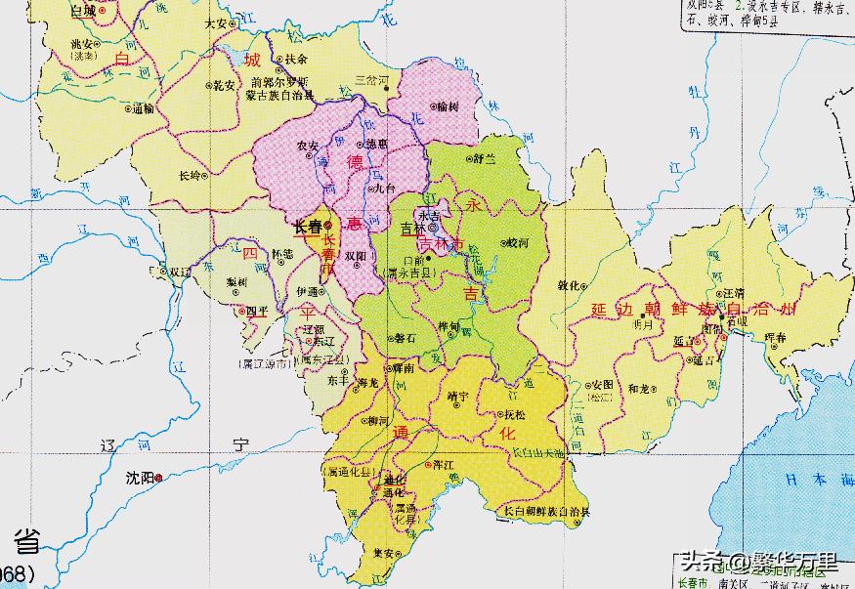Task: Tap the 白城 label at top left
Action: coord(84,11)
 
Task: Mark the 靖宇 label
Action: coord(457,397)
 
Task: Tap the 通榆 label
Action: coord(143,108)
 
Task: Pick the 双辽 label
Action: coord(179,272)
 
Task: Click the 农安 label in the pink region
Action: coord(307,146)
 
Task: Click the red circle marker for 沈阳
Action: coord(158,478)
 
